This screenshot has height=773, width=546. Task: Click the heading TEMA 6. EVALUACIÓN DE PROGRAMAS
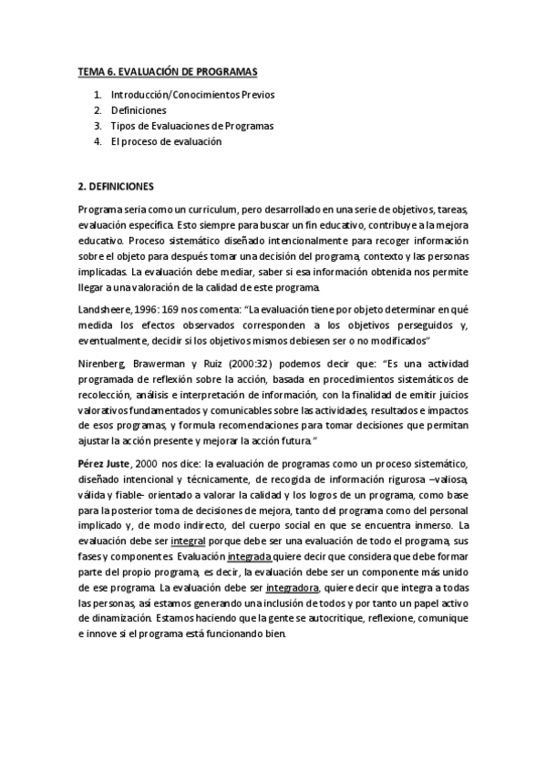167,71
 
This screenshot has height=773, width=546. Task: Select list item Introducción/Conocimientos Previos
192,95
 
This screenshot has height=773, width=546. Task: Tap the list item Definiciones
139,110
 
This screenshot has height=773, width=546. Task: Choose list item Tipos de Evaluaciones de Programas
191,126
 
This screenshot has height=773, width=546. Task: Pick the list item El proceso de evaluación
166,141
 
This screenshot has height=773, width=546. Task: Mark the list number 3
97,126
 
